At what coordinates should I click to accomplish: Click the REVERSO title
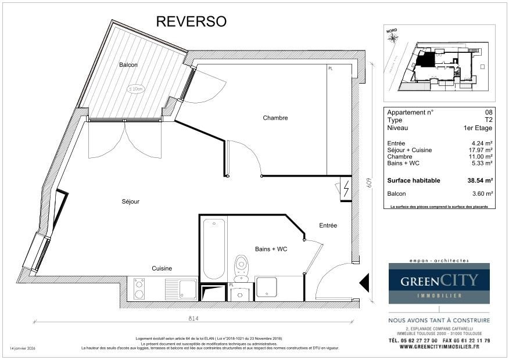click(191, 21)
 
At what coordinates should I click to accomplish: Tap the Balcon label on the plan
click(128, 64)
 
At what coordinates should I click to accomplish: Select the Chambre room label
click(275, 118)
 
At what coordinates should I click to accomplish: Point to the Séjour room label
click(130, 201)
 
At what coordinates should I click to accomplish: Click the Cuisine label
click(162, 268)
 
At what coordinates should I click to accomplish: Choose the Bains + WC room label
click(271, 249)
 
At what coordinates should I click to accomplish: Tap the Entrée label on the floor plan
click(328, 225)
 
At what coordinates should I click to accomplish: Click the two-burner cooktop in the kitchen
click(139, 289)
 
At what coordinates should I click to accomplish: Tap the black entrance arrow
click(365, 283)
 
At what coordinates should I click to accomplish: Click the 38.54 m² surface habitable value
click(480, 181)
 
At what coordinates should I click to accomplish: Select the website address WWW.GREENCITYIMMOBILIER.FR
click(439, 347)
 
